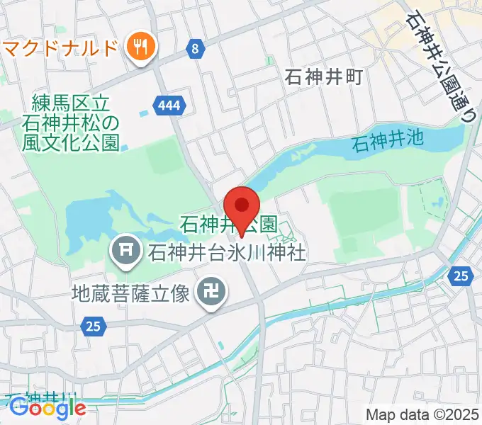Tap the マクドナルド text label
(60, 48)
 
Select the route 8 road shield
(196, 49)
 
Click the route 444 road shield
(169, 106)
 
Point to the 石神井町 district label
(323, 76)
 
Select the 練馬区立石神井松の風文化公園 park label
(70, 123)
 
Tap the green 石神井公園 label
(228, 225)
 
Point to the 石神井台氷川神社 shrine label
(226, 251)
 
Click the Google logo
(47, 408)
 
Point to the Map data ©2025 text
(422, 414)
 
